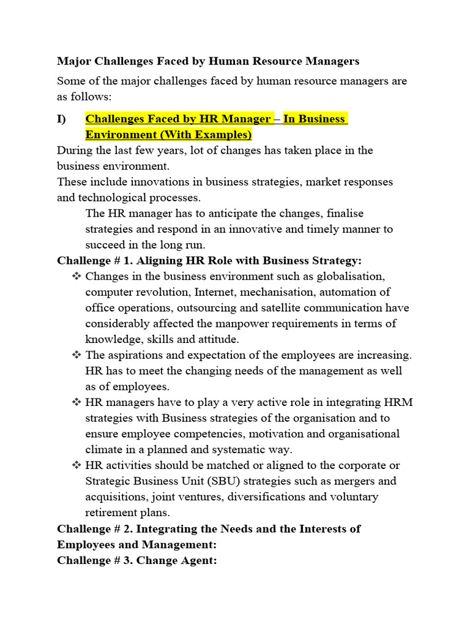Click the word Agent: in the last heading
(198, 560)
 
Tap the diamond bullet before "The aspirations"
(76, 355)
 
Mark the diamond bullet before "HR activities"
(76, 465)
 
